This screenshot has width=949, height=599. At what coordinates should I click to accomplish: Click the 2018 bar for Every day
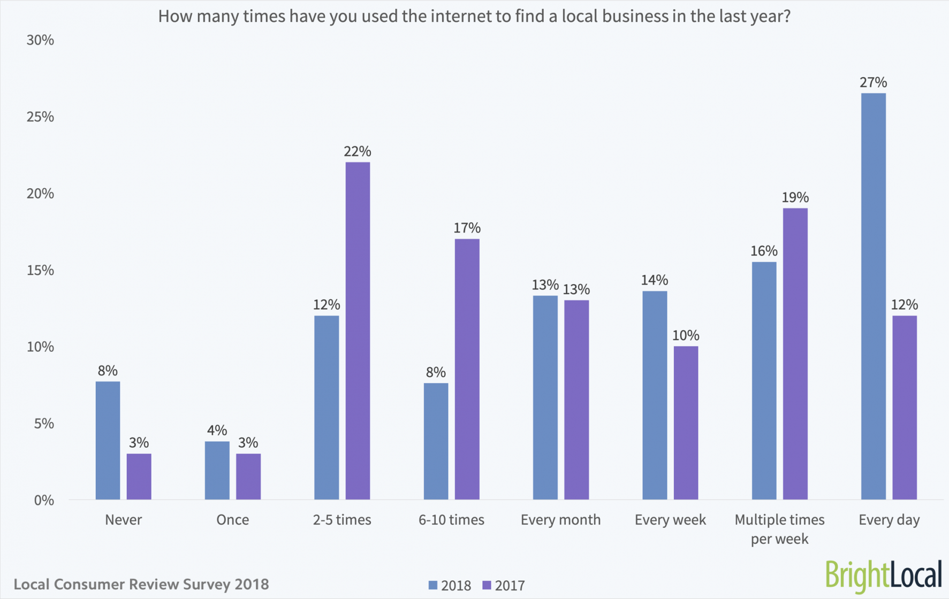coord(873,297)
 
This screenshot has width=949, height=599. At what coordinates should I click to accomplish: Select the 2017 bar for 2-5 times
coord(358,331)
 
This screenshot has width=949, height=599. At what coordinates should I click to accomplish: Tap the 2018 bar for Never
coord(108,441)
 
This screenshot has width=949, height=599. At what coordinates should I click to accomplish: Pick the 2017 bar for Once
coord(248,477)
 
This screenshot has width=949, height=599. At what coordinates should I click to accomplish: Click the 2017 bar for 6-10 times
coord(467,369)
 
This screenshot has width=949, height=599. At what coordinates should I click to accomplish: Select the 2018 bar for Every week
coord(655,395)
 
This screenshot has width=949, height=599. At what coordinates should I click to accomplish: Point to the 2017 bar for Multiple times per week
coord(795,354)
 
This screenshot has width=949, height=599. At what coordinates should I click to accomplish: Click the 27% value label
coord(873,82)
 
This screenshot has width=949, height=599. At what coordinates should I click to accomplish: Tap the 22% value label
coord(357,151)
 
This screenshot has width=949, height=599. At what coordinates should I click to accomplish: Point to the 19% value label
coord(795,197)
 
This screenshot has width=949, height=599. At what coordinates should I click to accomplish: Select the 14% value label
coord(655,280)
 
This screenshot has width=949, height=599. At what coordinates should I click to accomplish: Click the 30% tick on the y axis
coord(40,40)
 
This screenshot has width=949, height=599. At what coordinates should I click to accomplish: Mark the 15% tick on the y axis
coord(40,271)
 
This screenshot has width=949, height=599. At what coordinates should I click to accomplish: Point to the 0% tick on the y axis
coord(44,501)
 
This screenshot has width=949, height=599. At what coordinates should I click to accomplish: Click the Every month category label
coord(560,520)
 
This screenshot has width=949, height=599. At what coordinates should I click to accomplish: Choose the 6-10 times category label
coord(451,520)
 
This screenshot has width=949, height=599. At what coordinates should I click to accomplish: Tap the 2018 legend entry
coord(450,586)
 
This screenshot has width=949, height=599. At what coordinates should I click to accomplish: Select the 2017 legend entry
coord(504,586)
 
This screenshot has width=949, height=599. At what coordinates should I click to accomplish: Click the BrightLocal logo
coord(883,575)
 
